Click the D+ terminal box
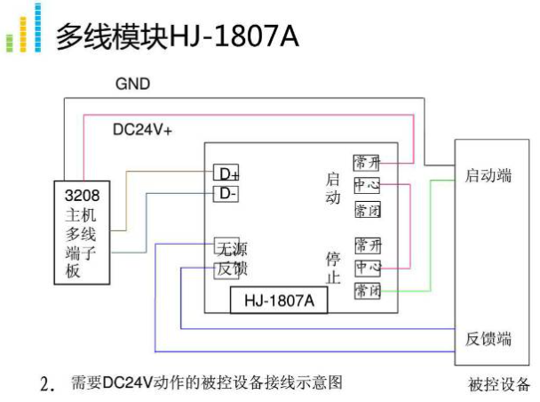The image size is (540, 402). [x=226, y=173]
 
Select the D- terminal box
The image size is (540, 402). [x=226, y=193]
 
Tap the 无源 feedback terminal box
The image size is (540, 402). [x=226, y=245]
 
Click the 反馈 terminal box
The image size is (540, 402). [x=226, y=268]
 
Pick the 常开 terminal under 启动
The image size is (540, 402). [x=367, y=163]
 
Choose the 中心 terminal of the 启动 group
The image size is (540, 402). [x=367, y=185]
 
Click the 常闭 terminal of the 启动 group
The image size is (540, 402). [x=367, y=210]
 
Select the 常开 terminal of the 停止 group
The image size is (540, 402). [x=367, y=245]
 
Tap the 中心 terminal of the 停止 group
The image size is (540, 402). [x=367, y=267]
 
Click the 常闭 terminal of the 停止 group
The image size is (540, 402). [x=367, y=291]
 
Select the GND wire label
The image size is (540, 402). [x=132, y=84]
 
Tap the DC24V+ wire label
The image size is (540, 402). [x=142, y=130]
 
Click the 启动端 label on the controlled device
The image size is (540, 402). [x=488, y=176]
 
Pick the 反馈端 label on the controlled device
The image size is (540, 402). [x=488, y=339]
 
